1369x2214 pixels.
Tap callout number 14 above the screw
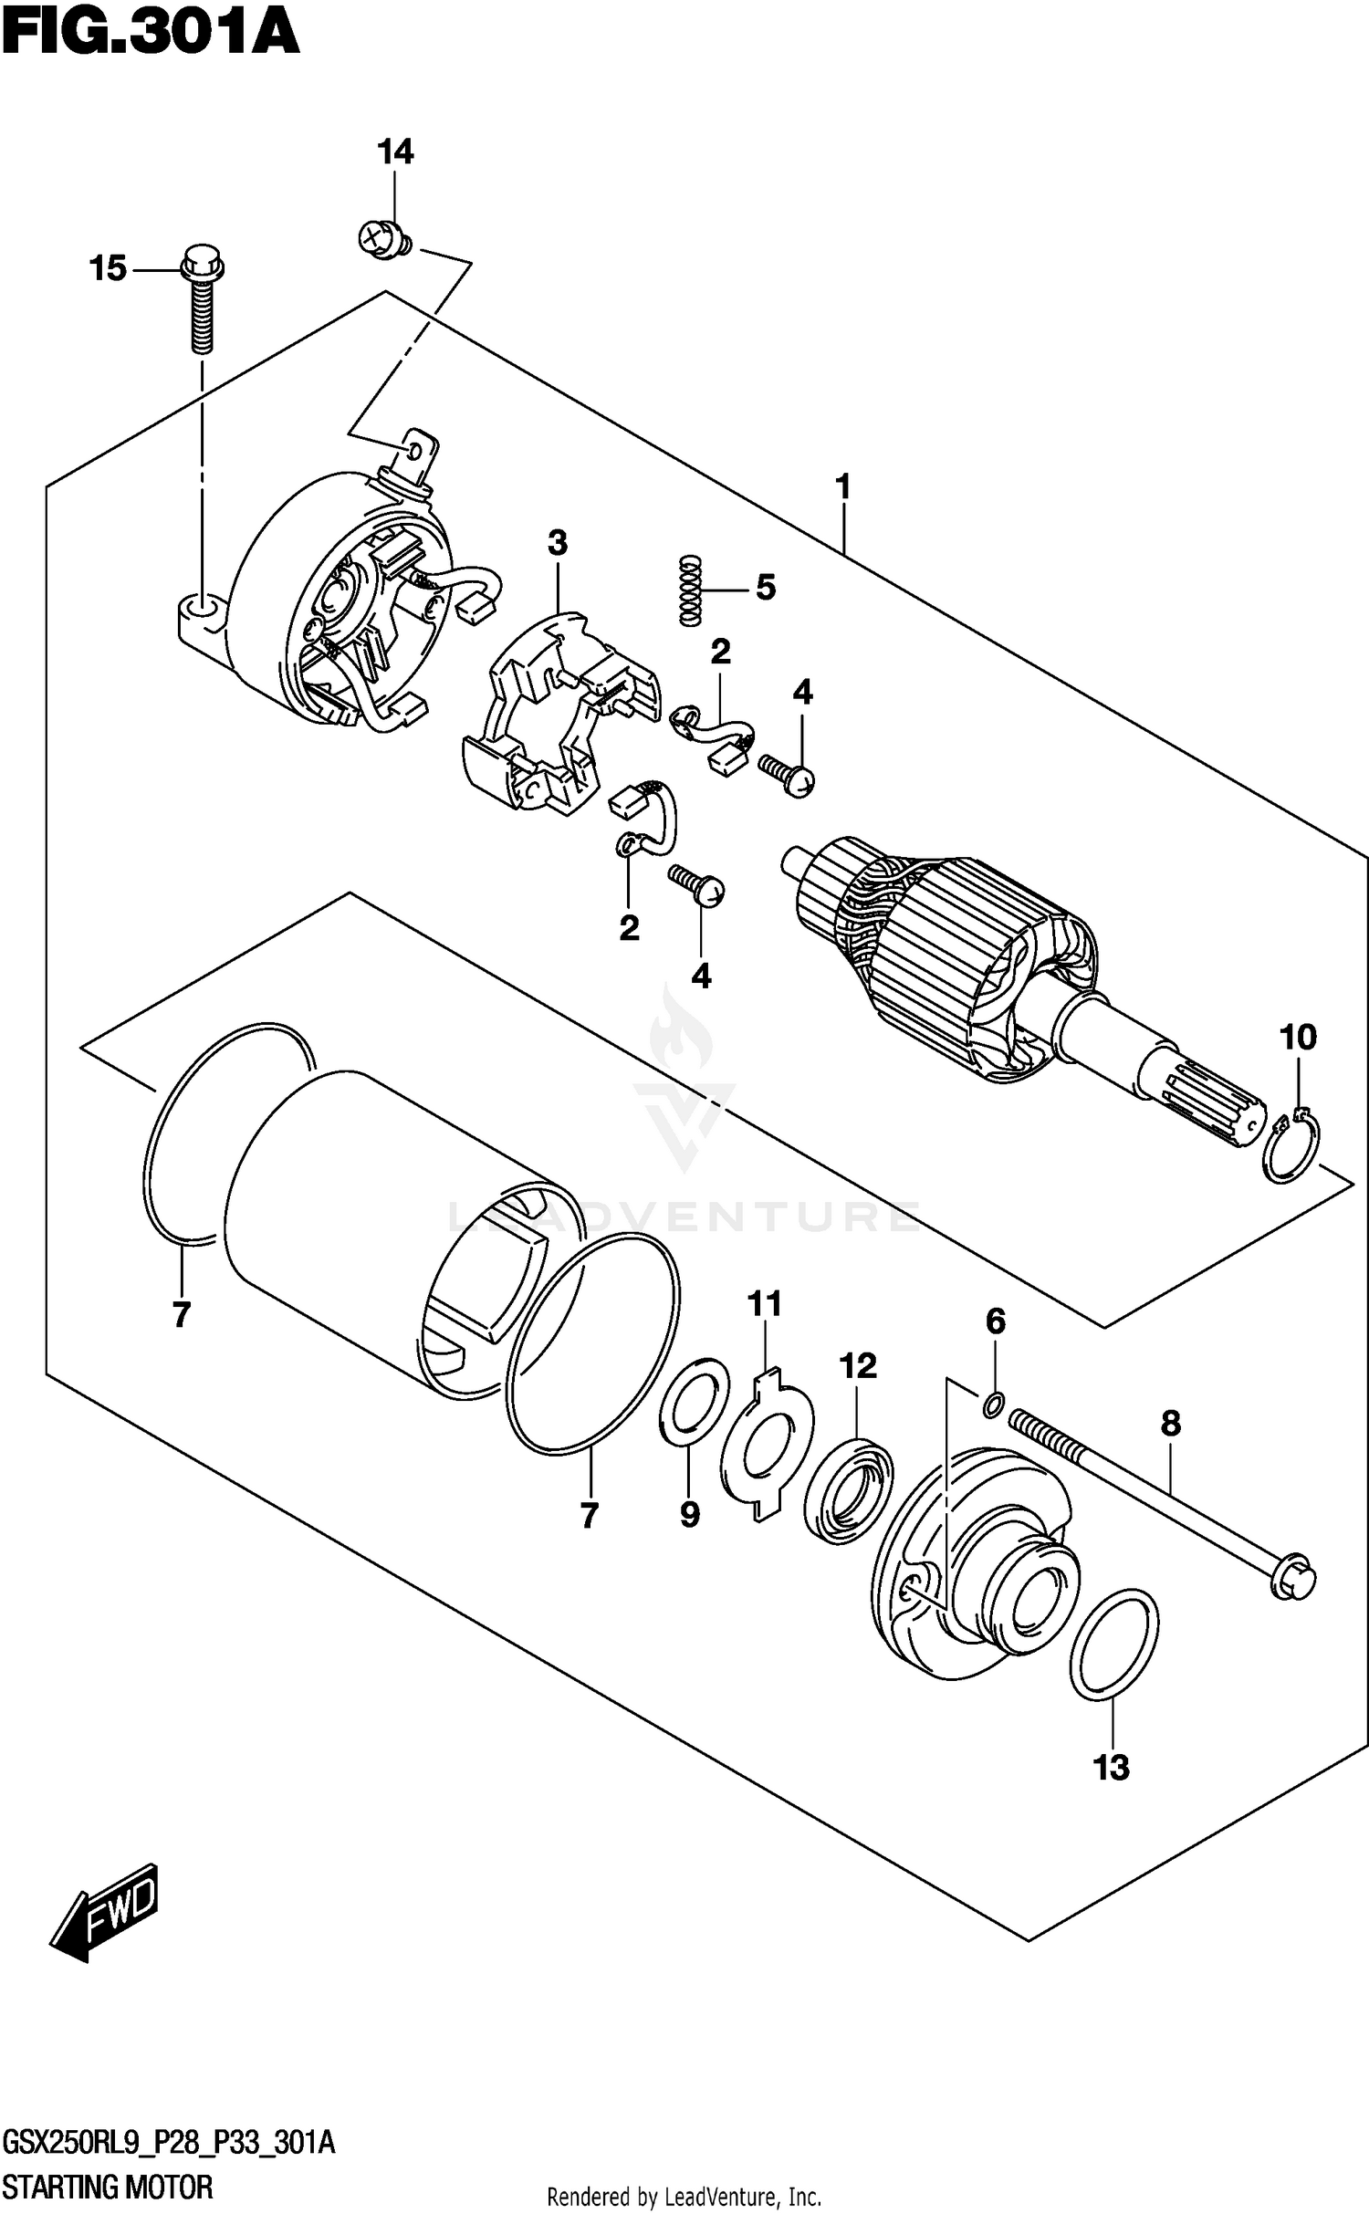pos(395,152)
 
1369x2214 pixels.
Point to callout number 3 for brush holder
pos(558,544)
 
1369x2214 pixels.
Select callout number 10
pos(1298,1038)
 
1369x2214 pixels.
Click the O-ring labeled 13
pos(1113,1645)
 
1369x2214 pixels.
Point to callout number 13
pos(1113,1768)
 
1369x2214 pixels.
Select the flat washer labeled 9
pos(694,1401)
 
